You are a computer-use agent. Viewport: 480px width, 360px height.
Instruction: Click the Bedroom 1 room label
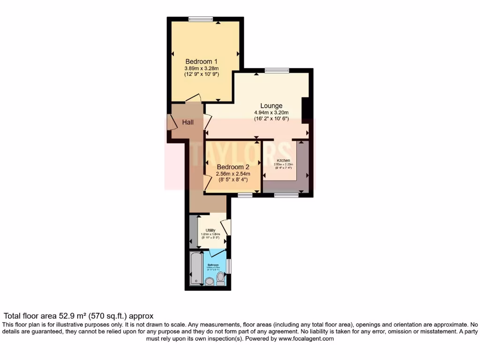201,61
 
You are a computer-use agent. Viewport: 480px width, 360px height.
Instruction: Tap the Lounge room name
271,106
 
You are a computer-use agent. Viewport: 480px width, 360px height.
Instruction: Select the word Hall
188,122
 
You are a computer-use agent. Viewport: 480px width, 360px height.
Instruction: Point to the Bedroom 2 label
233,167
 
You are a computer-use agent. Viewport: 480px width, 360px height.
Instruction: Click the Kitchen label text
284,160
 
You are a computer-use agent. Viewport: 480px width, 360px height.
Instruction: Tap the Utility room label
210,230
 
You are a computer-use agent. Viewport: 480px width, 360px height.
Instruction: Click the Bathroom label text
213,265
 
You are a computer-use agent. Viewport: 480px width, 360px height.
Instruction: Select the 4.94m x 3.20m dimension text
271,112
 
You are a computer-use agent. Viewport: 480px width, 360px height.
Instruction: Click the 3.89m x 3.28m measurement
202,68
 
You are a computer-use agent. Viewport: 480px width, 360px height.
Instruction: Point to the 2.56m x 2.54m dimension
233,174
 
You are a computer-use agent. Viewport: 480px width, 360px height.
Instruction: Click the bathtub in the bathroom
195,269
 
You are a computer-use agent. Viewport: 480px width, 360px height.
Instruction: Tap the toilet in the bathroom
221,279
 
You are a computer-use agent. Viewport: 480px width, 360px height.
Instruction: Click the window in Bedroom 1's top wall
202,19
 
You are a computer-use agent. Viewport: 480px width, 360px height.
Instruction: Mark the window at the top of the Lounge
277,70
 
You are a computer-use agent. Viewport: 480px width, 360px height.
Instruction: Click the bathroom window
229,267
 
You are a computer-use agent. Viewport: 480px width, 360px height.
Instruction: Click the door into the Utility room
226,227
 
